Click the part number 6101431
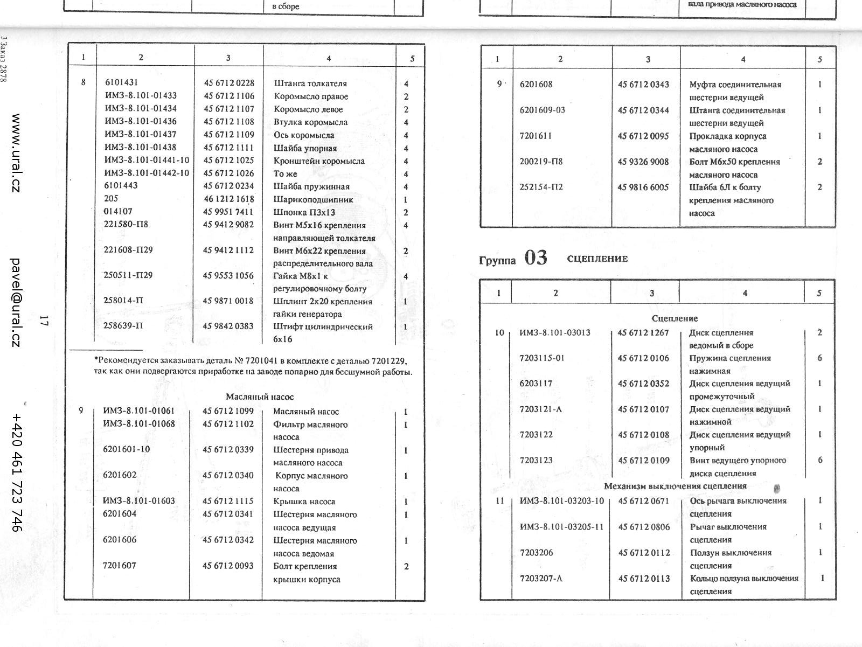coord(121,83)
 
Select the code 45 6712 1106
coord(228,96)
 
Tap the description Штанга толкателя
coord(310,84)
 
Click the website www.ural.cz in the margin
coord(16,153)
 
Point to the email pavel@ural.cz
coord(16,302)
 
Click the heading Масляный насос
coord(260,397)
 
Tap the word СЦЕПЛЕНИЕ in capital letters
coord(597,259)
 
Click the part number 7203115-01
coord(542,358)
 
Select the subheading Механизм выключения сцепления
coord(675,486)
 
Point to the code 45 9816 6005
coord(643,187)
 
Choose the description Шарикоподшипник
coord(313,200)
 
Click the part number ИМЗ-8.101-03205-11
coord(561,527)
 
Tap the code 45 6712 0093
coord(228,566)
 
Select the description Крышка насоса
coord(304,502)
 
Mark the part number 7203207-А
coord(541,579)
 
